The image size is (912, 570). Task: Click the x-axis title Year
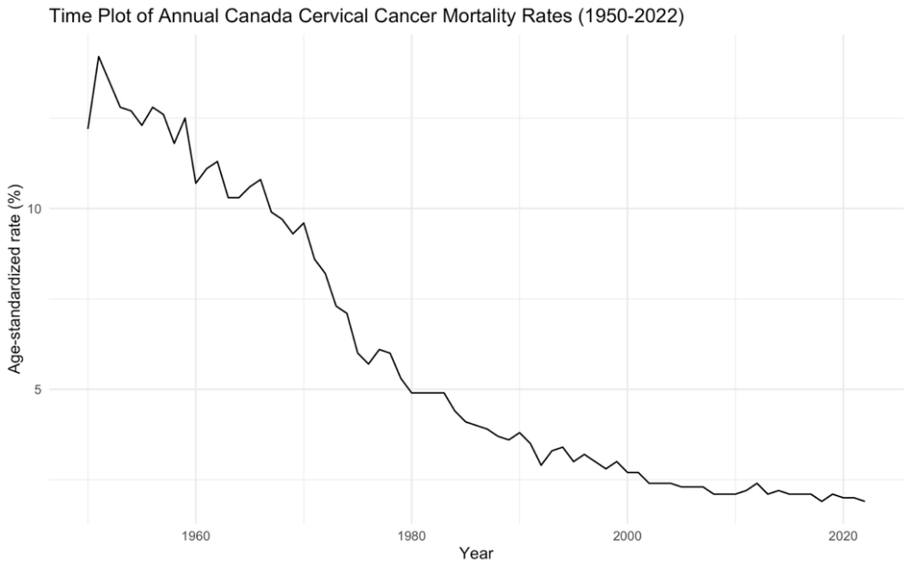(476, 554)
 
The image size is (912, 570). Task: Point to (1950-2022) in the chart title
(623, 17)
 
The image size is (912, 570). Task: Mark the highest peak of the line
(99, 56)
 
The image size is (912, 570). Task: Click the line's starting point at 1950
(88, 128)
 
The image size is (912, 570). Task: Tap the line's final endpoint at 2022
(864, 501)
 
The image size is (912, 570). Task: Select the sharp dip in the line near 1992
(541, 465)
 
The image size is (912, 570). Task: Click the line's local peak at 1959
(185, 118)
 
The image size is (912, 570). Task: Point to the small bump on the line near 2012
(756, 484)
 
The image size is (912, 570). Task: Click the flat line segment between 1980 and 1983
(427, 393)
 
